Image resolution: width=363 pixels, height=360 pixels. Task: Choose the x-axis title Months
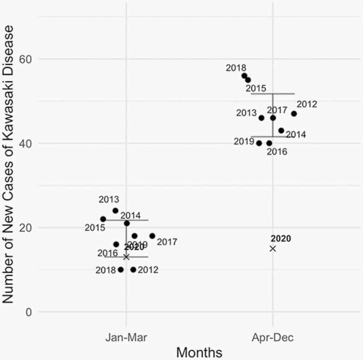tap(199, 352)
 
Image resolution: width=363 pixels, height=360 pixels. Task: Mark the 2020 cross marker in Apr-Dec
tap(273, 249)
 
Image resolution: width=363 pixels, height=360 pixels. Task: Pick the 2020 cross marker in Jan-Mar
tap(126, 257)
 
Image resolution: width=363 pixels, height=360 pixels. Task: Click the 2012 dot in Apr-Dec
tap(294, 113)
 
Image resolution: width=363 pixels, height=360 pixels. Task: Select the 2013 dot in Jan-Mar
tap(115, 211)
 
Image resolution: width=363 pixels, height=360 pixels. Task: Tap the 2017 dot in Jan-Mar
tap(152, 236)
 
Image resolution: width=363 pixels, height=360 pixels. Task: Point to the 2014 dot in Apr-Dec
tap(281, 130)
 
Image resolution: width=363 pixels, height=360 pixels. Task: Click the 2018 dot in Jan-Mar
tap(121, 270)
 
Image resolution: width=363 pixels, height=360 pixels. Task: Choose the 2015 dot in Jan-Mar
tap(103, 219)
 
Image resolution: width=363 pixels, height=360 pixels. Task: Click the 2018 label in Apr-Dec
tap(236, 68)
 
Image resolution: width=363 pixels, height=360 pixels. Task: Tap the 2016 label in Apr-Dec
tap(277, 152)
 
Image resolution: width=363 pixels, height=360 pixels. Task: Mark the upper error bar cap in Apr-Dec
tap(273, 94)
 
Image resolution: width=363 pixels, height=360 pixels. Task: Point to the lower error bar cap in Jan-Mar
tap(126, 257)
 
